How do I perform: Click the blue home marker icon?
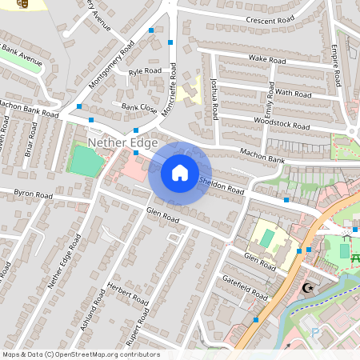pos(180,172)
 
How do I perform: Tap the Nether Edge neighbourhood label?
pos(112,142)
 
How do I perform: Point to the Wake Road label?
pos(267,59)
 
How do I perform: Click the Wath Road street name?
pos(292,93)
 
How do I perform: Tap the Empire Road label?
pos(337,66)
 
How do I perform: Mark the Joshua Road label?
pos(214,98)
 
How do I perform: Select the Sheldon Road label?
pos(222,185)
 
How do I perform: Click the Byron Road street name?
pos(33,194)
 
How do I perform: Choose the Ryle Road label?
pos(145,71)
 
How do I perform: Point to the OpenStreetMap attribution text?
pos(80,354)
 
